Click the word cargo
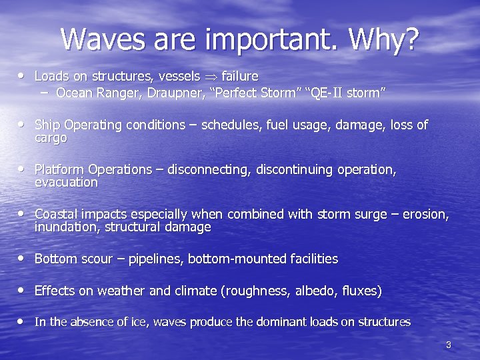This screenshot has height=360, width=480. pos(51,138)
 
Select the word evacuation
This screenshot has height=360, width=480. pos(66,183)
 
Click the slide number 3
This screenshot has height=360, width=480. pos(449,345)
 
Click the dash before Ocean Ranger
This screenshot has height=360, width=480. pos(45,93)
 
